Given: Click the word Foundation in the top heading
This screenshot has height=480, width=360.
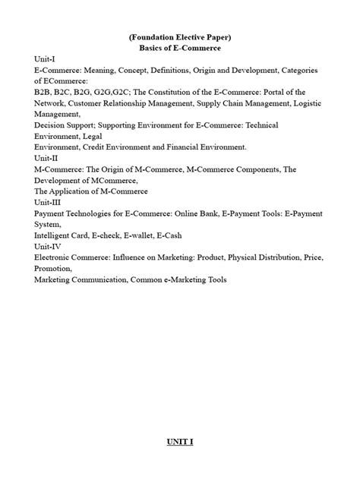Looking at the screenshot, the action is coord(157,37).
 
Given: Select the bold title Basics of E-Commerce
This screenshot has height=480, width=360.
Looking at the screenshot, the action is coord(180,48).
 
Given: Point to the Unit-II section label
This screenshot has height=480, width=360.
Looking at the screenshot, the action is coord(47,159).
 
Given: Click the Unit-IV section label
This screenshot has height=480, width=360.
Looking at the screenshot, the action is coord(49,247).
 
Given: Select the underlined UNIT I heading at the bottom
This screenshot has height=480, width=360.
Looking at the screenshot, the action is coord(180,441).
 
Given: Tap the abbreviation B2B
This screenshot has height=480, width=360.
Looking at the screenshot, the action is coord(44,92).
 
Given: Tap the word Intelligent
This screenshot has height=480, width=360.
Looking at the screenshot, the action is coord(55,235).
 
